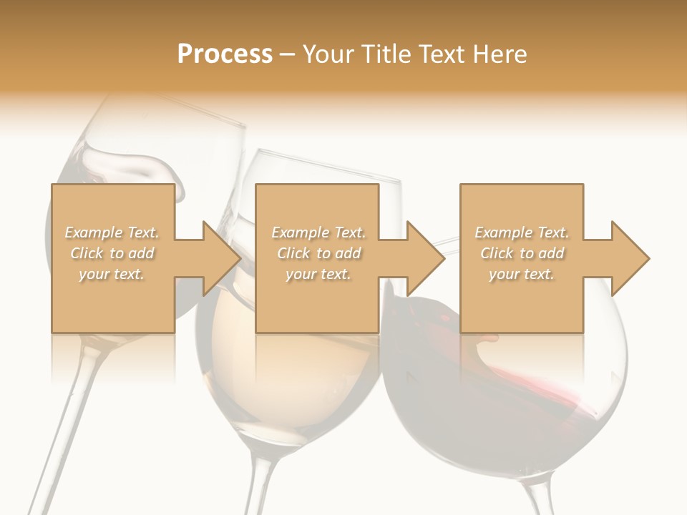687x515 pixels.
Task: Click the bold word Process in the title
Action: (225, 54)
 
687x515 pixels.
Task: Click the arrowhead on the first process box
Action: (222, 258)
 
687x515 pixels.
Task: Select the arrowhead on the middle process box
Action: (425, 258)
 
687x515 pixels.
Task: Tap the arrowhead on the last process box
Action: (630, 258)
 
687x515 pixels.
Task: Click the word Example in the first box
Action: (94, 232)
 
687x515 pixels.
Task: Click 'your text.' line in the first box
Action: (112, 274)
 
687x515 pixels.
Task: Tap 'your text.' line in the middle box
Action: (318, 274)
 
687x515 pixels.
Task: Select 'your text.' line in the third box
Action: (522, 274)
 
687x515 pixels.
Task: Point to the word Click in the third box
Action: (497, 253)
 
